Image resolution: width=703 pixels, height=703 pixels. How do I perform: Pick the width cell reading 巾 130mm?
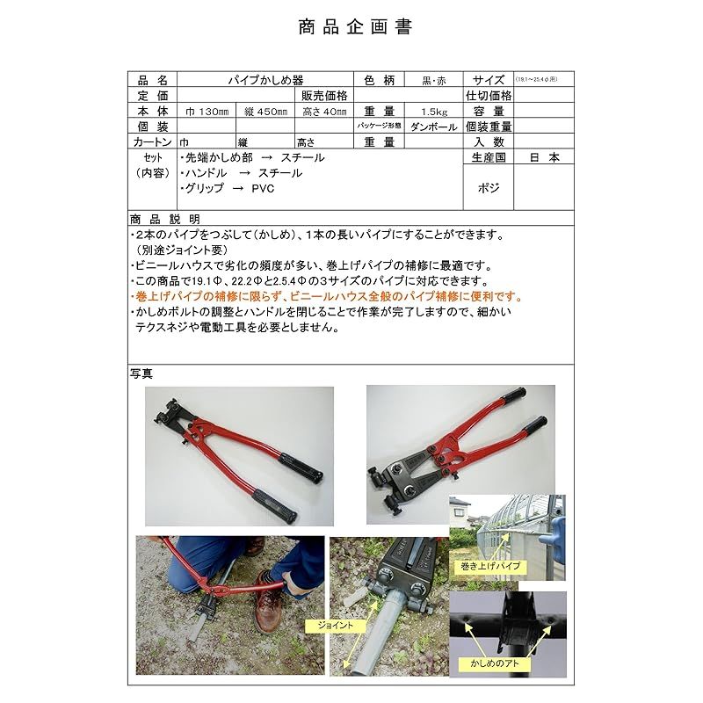[x=207, y=112]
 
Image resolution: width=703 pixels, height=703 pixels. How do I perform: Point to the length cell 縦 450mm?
[x=264, y=112]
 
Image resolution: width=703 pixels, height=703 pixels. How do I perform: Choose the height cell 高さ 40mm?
[x=323, y=112]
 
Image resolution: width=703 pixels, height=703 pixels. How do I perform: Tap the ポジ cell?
[x=489, y=187]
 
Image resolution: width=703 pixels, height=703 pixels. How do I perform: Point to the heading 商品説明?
[x=164, y=219]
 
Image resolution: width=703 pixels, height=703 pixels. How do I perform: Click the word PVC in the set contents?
[x=263, y=189]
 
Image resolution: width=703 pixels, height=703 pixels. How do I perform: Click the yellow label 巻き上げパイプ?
[x=484, y=567]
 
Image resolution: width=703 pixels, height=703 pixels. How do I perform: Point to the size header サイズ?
[x=489, y=79]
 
